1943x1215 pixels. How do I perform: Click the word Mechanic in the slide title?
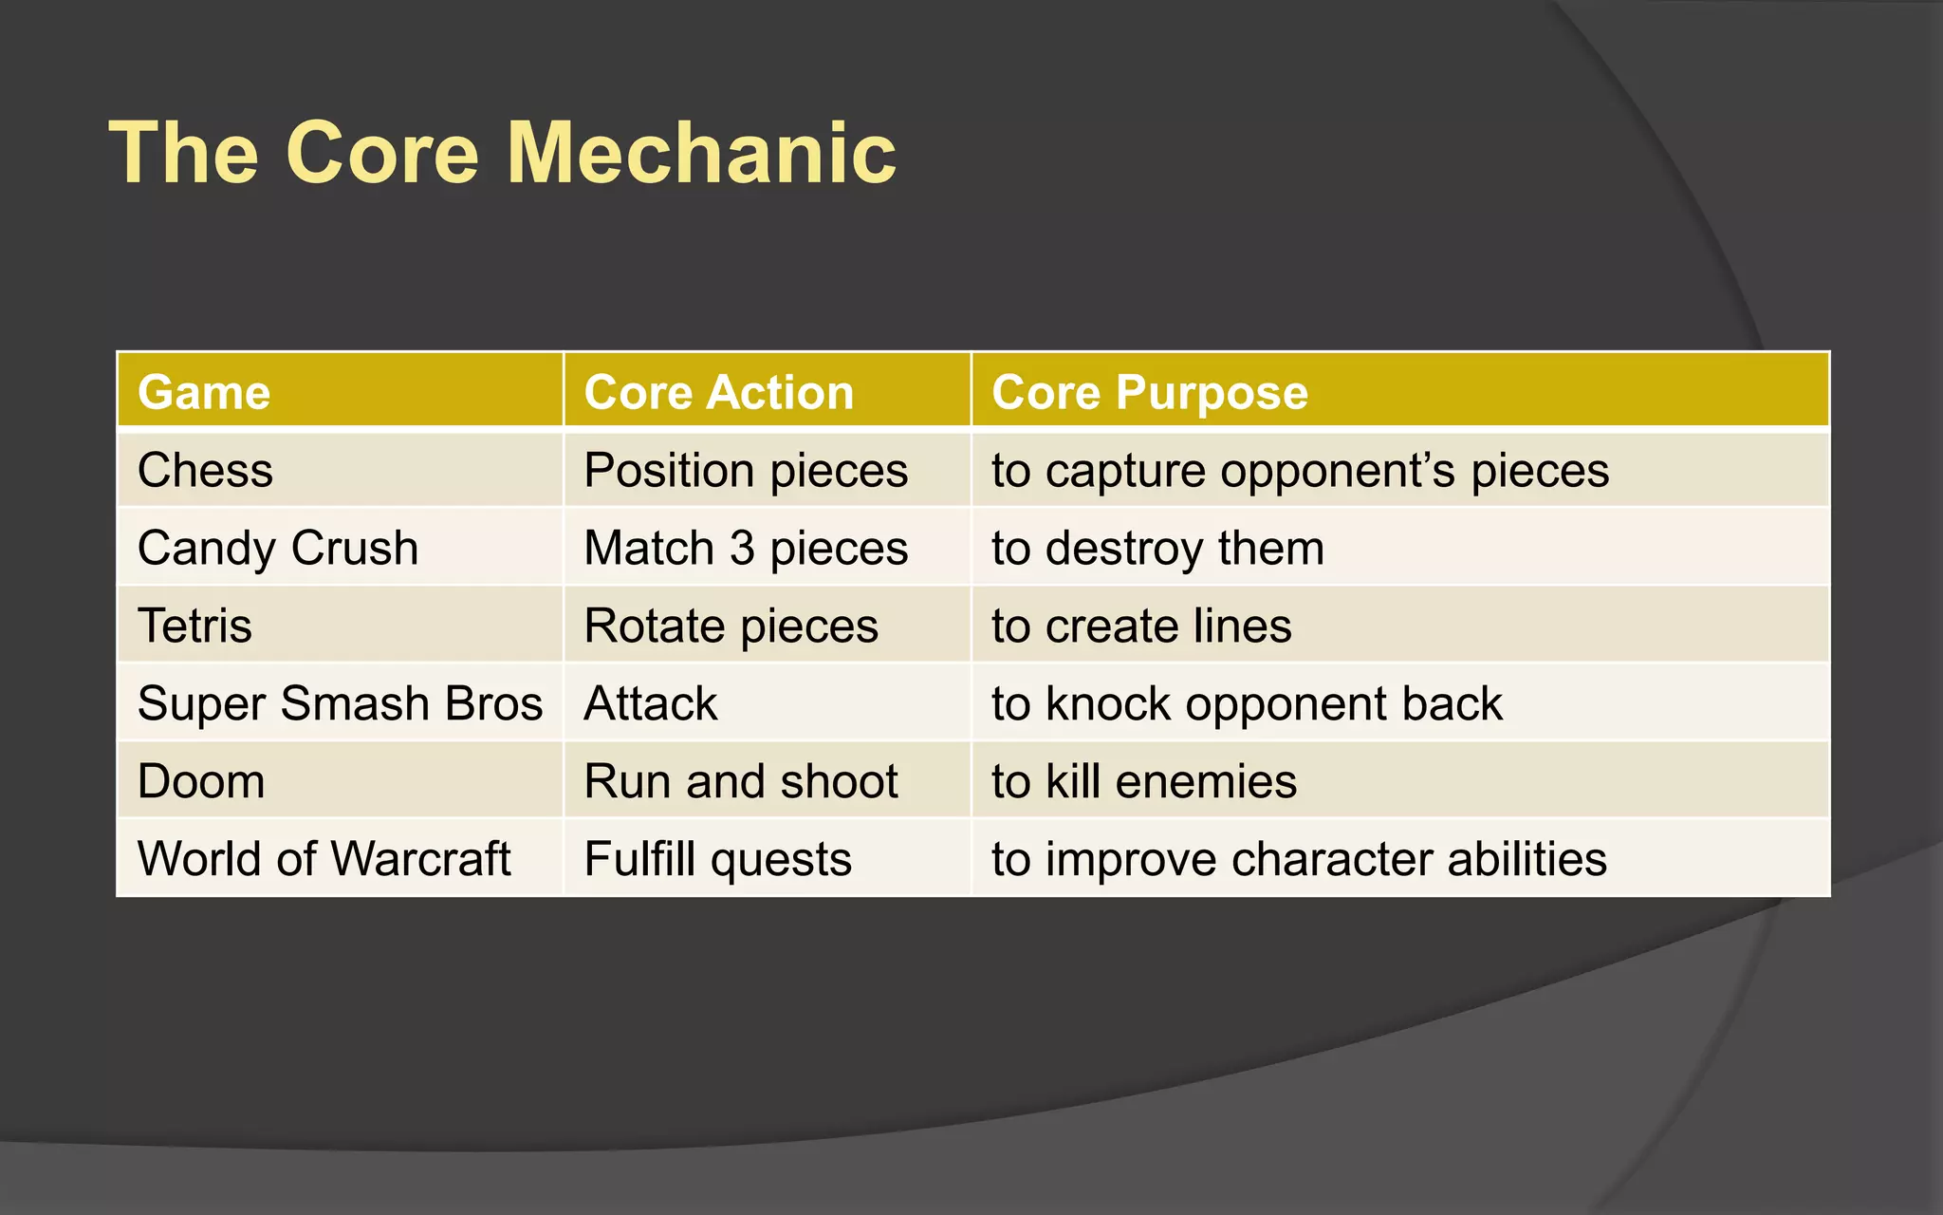(x=701, y=154)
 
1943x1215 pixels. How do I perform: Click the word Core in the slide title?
(x=382, y=154)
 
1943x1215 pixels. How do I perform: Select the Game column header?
(x=204, y=392)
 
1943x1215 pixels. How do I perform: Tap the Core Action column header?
(x=718, y=392)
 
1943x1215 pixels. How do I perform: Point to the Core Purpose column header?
(x=1149, y=392)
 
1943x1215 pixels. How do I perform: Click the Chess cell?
(x=205, y=471)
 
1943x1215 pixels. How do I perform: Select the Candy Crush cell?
(x=277, y=549)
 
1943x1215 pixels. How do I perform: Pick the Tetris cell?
(x=194, y=626)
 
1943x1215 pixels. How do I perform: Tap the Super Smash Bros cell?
(x=340, y=704)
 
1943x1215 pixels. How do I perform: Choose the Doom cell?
(x=201, y=782)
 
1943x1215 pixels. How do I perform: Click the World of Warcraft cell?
(x=324, y=859)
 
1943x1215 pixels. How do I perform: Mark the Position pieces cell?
(x=746, y=471)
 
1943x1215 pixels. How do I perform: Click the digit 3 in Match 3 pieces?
(x=742, y=549)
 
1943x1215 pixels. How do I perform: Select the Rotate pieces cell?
(x=731, y=626)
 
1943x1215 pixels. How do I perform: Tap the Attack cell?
(x=651, y=704)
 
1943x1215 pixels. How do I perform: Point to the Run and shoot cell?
(x=740, y=782)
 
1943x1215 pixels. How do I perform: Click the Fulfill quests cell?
(x=717, y=859)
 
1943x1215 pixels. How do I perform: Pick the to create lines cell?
(x=1141, y=626)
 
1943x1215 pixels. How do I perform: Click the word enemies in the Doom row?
(x=1206, y=782)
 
